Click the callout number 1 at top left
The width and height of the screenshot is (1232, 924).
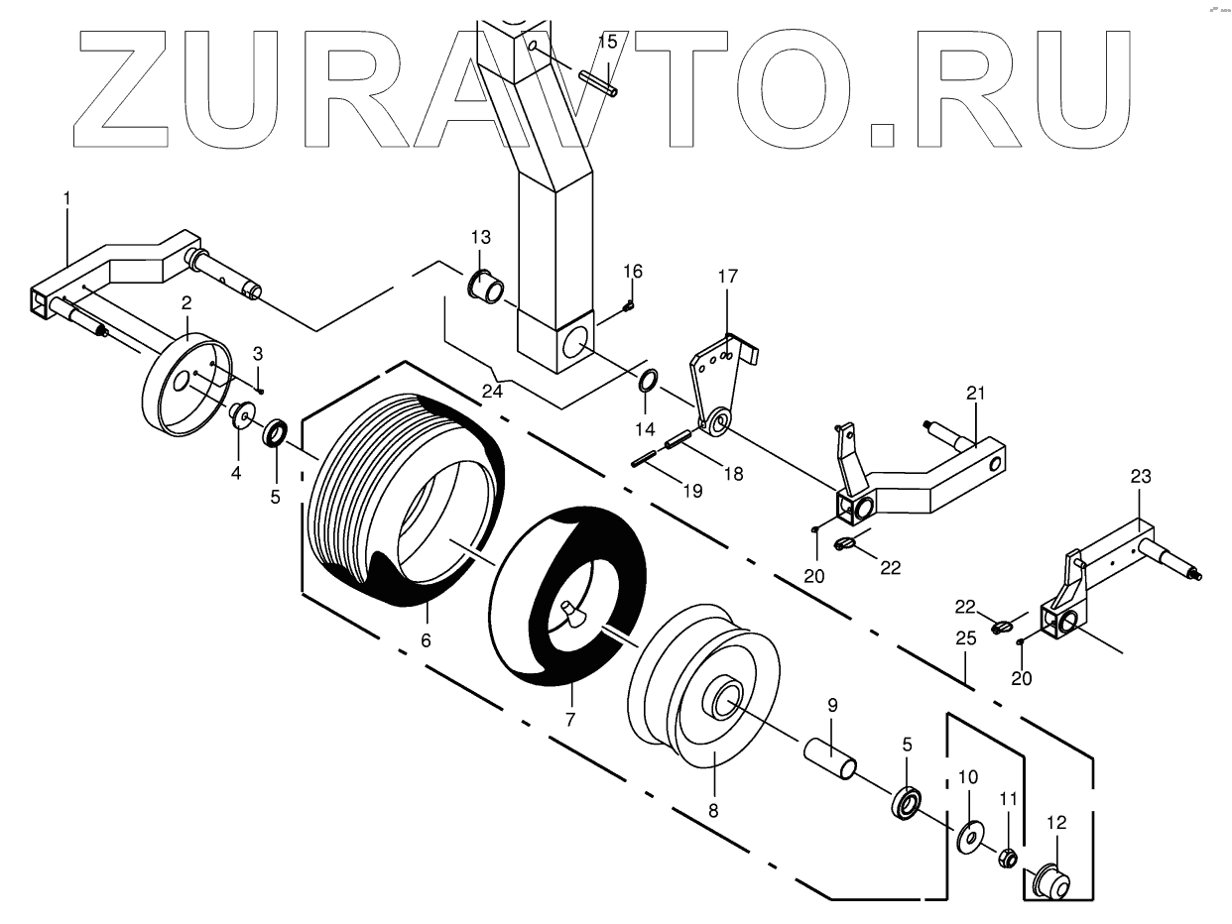coord(66,198)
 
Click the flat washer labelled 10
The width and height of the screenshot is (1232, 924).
coord(968,835)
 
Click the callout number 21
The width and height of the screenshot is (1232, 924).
coord(975,394)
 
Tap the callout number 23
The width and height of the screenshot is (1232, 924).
coord(1140,477)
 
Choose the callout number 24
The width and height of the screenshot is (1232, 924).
coord(492,391)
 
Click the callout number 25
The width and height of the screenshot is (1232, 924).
coord(967,639)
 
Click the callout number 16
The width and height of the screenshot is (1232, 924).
coord(633,272)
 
